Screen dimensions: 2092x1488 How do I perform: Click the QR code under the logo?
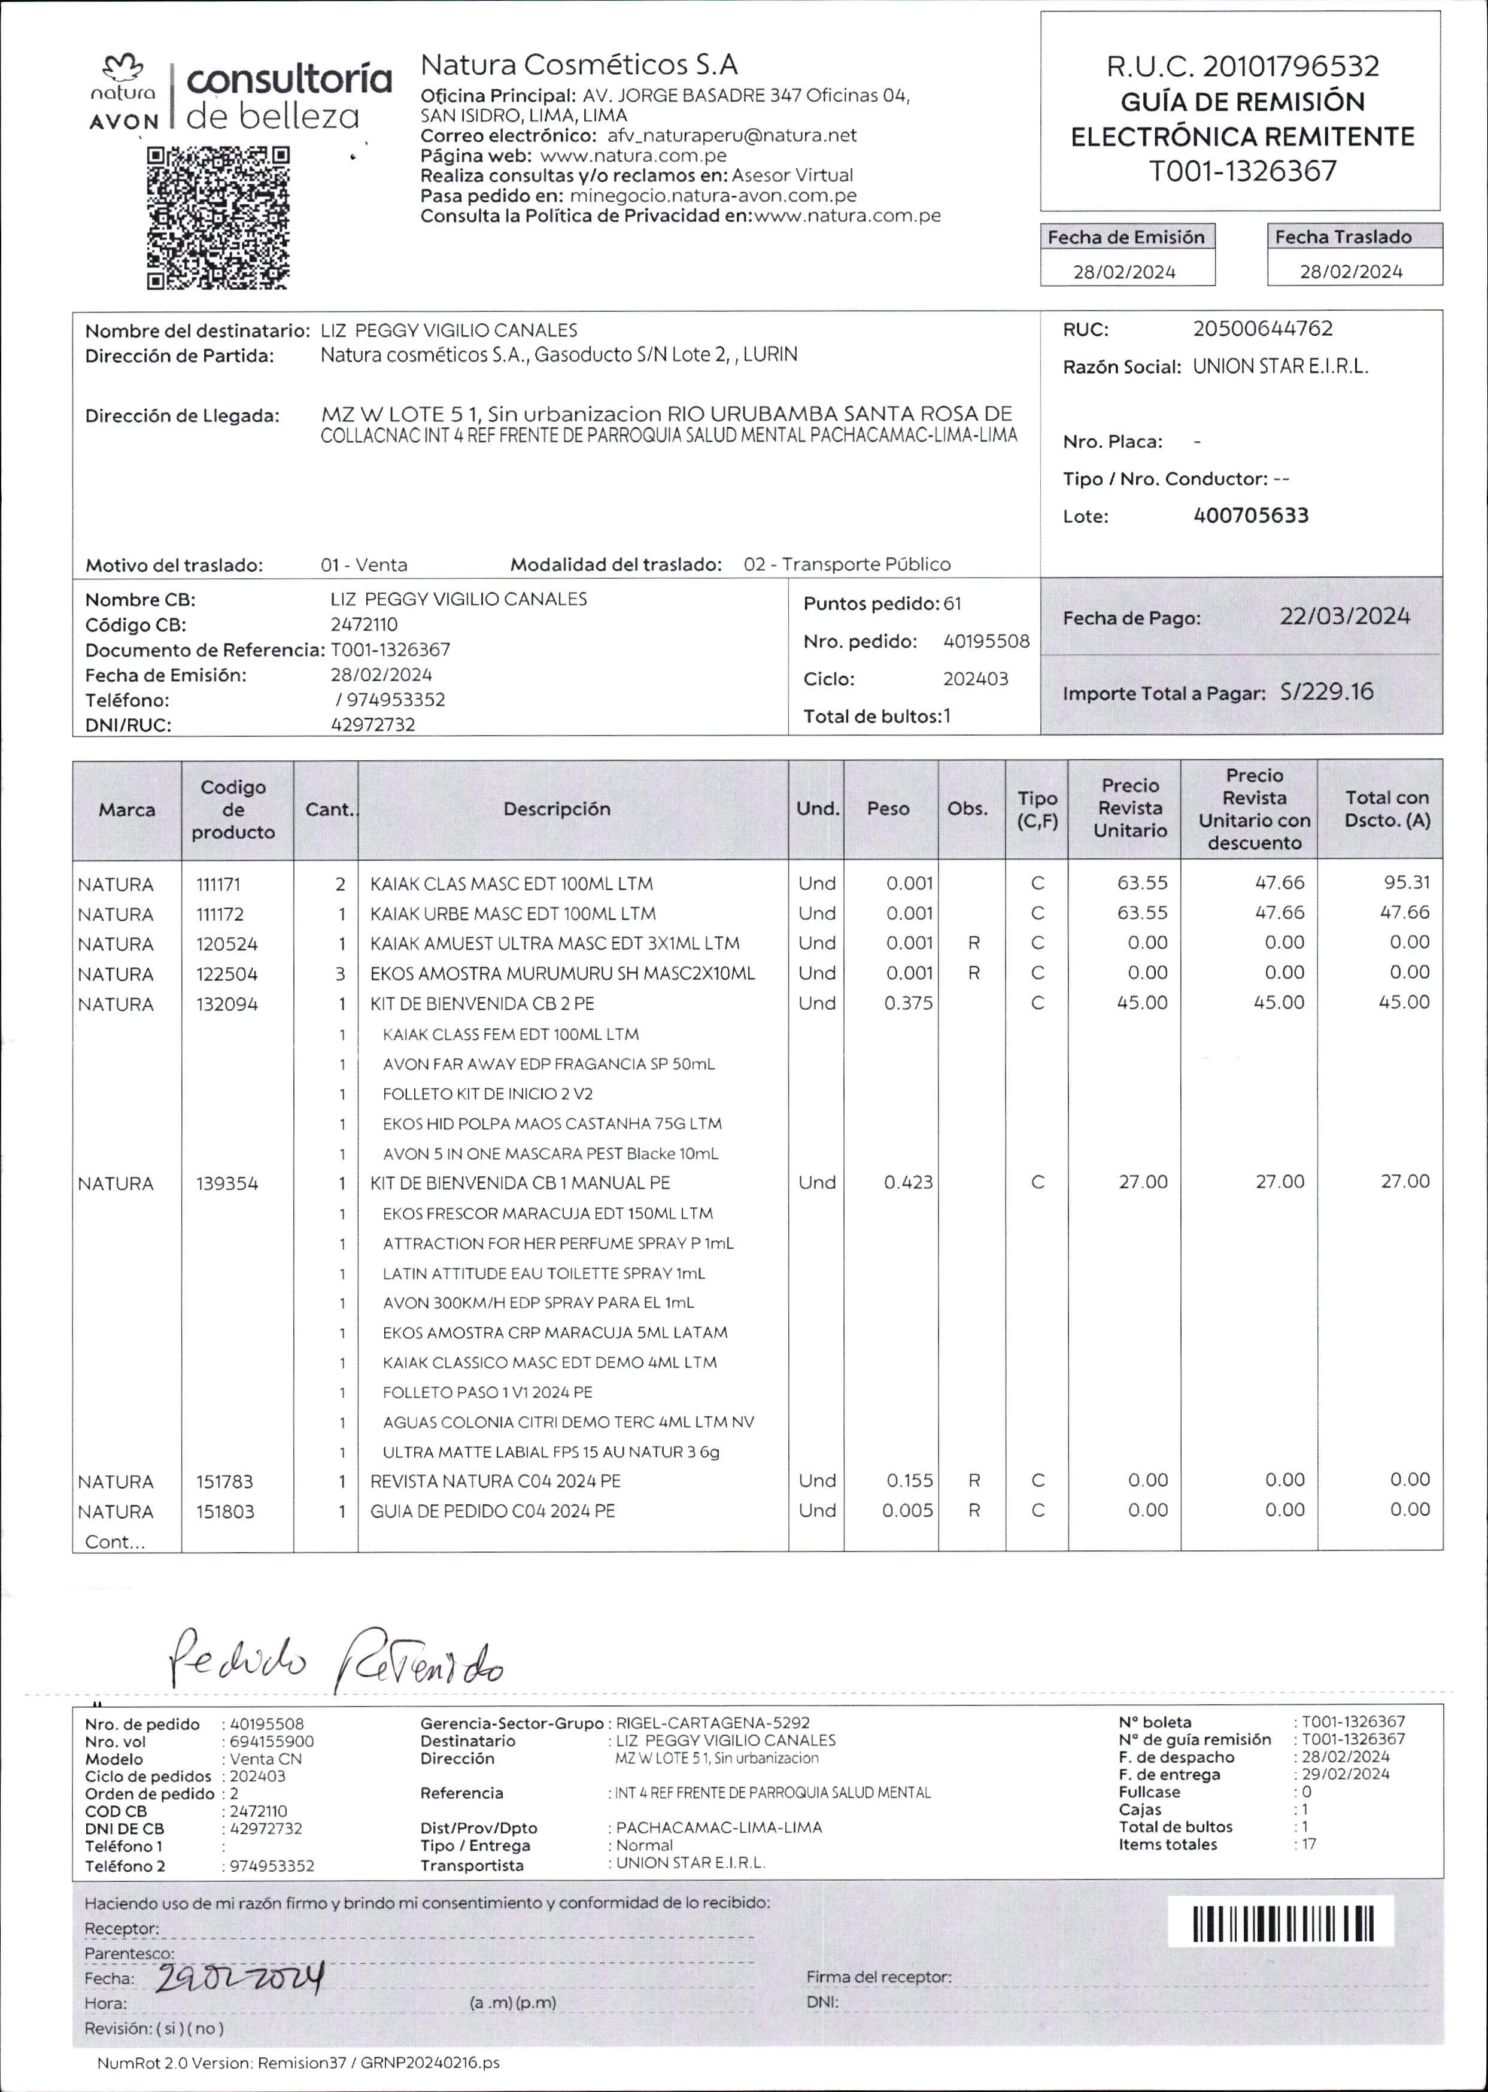pos(218,218)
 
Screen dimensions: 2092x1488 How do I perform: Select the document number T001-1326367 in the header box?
pos(1243,171)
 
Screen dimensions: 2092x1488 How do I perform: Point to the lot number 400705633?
pos(1251,516)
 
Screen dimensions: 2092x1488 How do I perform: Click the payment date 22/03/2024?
pos(1344,617)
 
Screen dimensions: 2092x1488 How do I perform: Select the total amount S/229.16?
pos(1327,692)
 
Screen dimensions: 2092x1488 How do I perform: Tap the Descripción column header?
pos(556,809)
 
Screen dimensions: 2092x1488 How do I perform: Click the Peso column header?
pos(888,809)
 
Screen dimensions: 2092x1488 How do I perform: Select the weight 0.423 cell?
pos(908,1183)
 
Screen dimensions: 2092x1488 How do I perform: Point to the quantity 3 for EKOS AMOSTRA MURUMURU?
pos(341,974)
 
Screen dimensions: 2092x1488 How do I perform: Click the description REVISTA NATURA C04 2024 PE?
pos(495,1481)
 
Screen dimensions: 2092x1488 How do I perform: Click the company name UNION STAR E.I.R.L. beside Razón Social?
pos(1280,366)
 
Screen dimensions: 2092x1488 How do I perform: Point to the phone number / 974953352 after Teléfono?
pos(390,700)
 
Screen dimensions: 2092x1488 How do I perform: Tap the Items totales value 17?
pos(1308,1845)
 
